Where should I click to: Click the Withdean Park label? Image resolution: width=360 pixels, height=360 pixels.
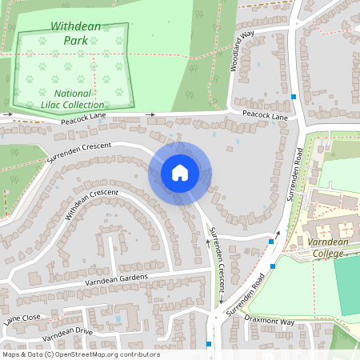[76, 32]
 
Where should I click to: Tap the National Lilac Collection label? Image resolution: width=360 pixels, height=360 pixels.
[72, 98]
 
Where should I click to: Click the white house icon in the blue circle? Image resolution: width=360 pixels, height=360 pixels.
[180, 172]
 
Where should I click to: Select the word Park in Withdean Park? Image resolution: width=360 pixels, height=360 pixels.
[76, 38]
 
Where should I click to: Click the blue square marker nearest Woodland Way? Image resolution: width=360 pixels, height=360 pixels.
[294, 97]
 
